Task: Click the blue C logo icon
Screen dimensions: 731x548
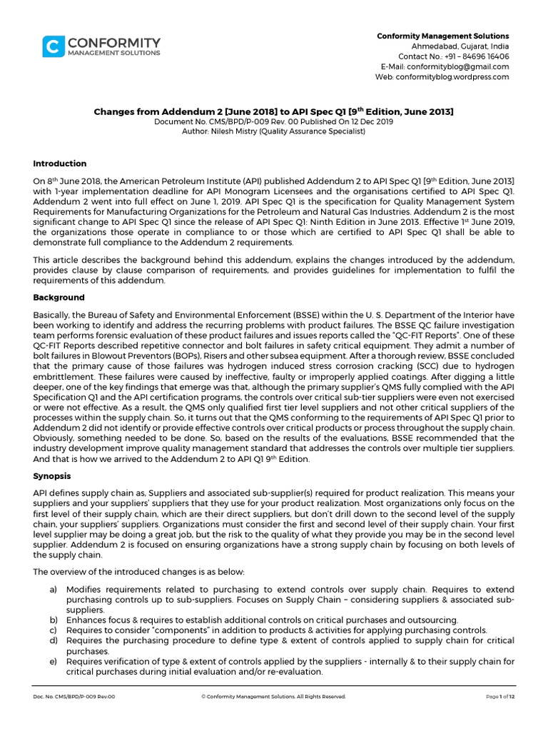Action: pyautogui.click(x=51, y=47)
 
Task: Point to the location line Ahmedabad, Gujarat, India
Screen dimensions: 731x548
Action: pyautogui.click(x=463, y=46)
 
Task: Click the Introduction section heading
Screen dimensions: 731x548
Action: pyautogui.click(x=60, y=163)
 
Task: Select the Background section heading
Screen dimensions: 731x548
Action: pyautogui.click(x=59, y=298)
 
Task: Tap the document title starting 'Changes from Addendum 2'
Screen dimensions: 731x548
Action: pyautogui.click(x=274, y=112)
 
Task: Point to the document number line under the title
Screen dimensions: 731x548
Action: pyautogui.click(x=274, y=122)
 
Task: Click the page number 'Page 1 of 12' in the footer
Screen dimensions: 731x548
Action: pyautogui.click(x=499, y=696)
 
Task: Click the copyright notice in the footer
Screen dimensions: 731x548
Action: pyautogui.click(x=274, y=696)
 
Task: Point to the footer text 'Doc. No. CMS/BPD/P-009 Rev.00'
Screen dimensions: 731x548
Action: pyautogui.click(x=73, y=696)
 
